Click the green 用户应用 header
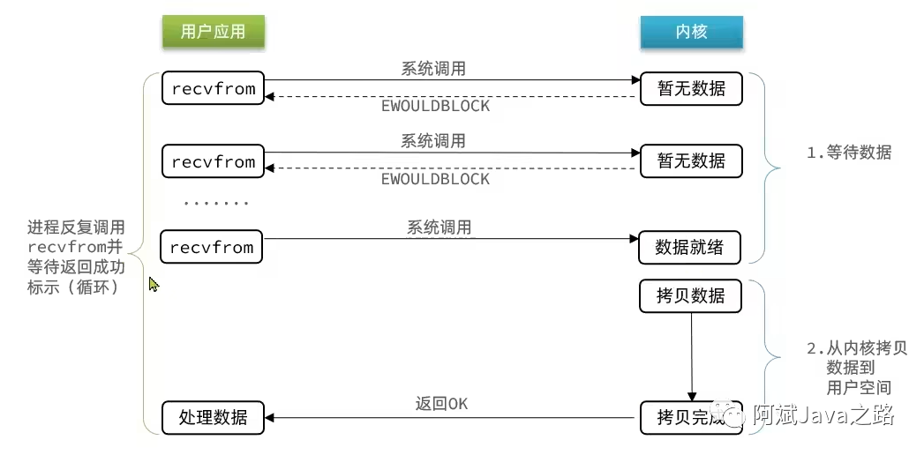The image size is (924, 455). (213, 33)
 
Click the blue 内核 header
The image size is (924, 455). (691, 33)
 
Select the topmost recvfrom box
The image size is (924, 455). (214, 89)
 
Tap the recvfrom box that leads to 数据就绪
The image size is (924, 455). (213, 247)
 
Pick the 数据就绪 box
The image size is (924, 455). (690, 248)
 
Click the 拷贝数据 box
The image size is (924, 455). (690, 296)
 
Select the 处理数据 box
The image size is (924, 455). (213, 417)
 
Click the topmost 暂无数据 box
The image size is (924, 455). (691, 89)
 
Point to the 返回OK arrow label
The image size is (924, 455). (441, 404)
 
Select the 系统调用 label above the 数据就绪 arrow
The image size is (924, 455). (439, 227)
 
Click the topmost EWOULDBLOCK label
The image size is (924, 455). (435, 106)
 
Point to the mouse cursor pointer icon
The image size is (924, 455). (153, 284)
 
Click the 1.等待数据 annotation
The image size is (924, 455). (849, 153)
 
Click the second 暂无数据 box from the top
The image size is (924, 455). (691, 160)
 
